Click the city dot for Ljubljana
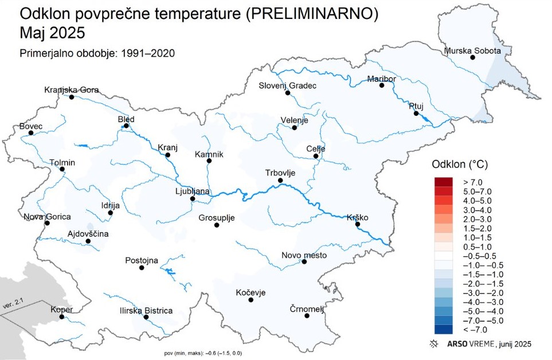[193, 199]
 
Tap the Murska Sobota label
[472, 50]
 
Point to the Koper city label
[62, 310]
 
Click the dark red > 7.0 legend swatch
[444, 181]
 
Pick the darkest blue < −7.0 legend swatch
[444, 329]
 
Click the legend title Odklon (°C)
[459, 164]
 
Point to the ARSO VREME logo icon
[434, 344]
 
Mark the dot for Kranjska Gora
[72, 97]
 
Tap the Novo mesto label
[304, 255]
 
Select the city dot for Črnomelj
[307, 315]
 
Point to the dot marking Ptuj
[416, 114]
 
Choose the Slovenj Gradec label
[288, 85]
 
